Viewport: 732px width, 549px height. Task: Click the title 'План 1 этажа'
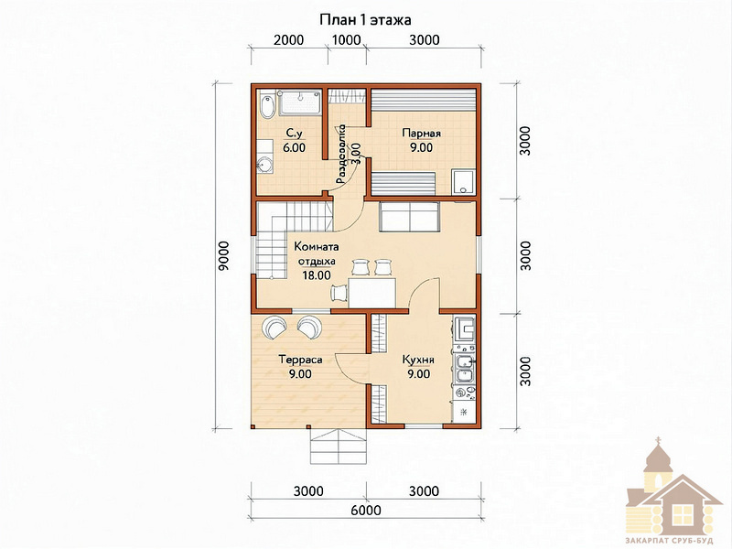click(365, 20)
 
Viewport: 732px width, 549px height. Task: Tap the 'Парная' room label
click(421, 134)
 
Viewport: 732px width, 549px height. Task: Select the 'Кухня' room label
click(419, 360)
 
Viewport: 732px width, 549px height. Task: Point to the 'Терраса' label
click(300, 360)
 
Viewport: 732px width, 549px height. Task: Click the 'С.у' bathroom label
click(294, 134)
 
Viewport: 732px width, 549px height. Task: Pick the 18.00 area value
click(317, 275)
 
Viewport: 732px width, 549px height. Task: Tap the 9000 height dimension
click(224, 256)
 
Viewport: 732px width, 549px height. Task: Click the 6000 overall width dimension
click(366, 511)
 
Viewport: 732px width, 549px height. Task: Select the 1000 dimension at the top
click(347, 39)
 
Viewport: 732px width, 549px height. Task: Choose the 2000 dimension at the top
click(289, 39)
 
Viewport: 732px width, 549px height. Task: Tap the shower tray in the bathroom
click(300, 103)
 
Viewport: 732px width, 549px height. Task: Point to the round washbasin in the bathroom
click(264, 165)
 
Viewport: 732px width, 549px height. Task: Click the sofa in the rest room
click(409, 216)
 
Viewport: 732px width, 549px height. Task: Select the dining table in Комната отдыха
click(372, 293)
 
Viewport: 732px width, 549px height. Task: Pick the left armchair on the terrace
click(275, 328)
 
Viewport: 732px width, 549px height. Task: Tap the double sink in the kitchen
click(465, 368)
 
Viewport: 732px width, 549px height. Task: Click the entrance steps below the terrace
click(339, 446)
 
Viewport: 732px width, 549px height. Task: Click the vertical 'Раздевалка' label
click(341, 154)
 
